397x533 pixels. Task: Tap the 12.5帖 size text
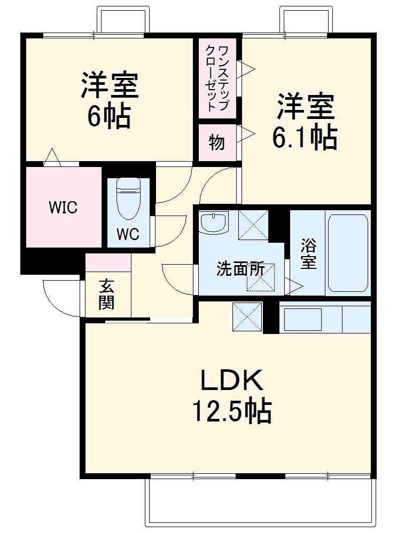[231, 411]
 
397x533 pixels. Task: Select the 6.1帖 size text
[305, 138]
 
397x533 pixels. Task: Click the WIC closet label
[63, 208]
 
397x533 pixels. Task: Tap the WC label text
[128, 234]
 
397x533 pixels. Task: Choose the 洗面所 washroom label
[240, 269]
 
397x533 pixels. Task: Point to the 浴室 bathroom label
[308, 254]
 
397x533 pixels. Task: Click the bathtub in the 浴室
[347, 253]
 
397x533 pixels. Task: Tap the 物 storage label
[216, 143]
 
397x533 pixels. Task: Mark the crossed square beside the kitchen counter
[247, 316]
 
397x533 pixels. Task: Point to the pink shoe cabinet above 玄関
[108, 262]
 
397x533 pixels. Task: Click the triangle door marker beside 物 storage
[246, 134]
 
